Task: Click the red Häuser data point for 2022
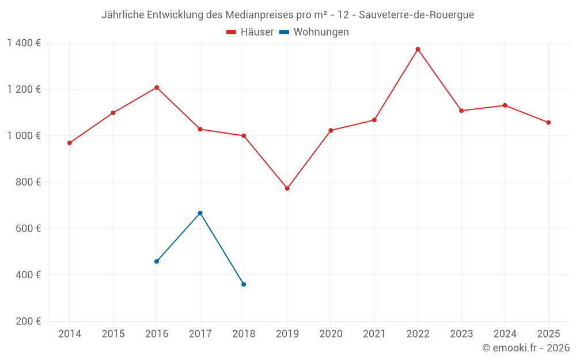[x=418, y=50]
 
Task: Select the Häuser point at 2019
[x=287, y=188]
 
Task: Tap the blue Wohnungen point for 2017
[x=200, y=213]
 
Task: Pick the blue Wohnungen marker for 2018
[x=244, y=285]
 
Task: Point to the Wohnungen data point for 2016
[x=157, y=262]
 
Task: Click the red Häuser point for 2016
[x=157, y=88]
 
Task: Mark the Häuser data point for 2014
[x=70, y=143]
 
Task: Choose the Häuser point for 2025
[x=548, y=123]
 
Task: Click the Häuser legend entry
[x=250, y=32]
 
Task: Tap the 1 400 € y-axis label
[x=24, y=43]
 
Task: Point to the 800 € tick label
[x=29, y=182]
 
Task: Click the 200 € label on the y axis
[x=29, y=321]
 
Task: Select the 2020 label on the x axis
[x=331, y=334]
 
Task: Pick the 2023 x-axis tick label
[x=461, y=334]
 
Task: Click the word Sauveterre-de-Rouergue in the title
[x=417, y=15]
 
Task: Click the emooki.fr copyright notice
[x=525, y=348]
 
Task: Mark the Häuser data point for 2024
[x=505, y=105]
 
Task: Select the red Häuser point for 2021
[x=374, y=120]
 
